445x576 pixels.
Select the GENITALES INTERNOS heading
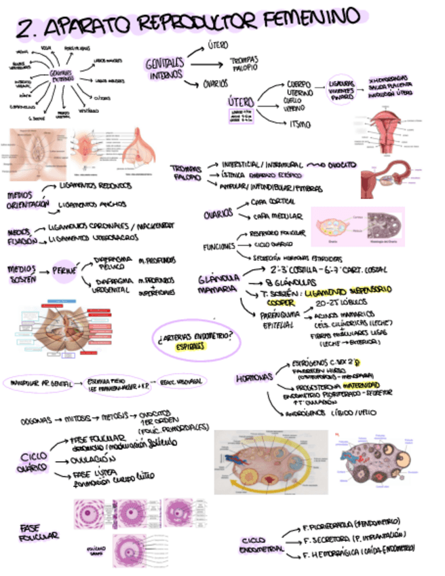pos(164,68)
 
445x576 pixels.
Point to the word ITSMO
pos(299,125)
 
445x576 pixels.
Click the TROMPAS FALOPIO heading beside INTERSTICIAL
pos(186,173)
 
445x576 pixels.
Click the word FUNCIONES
pos(218,247)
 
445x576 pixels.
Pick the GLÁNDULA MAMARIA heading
pos(217,284)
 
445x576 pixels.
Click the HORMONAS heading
pos(254,377)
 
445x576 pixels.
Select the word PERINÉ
pos(64,270)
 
